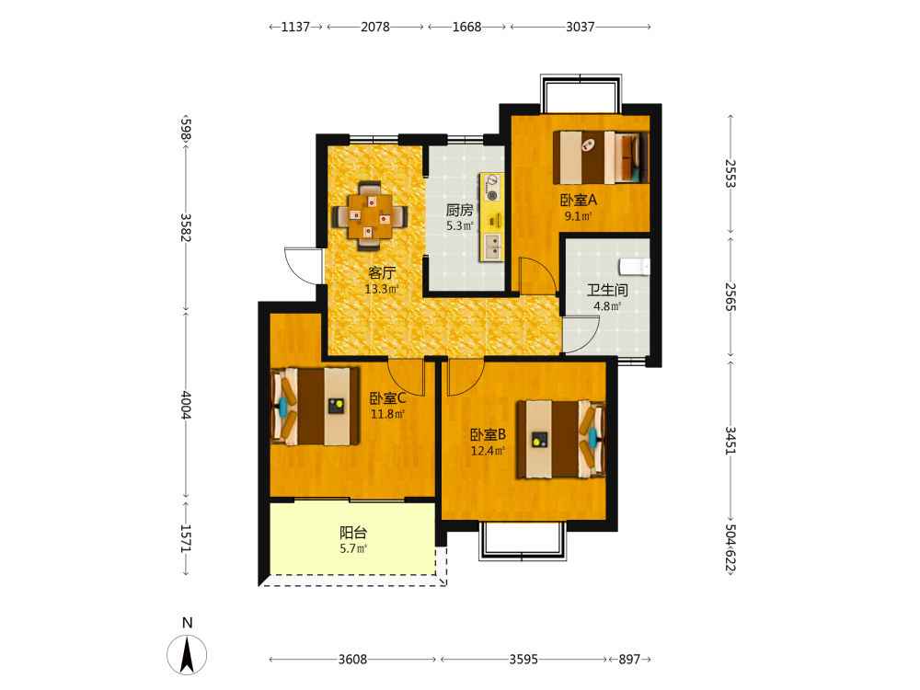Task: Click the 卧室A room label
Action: click(579, 200)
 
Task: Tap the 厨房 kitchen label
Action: click(459, 210)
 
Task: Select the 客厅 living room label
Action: click(382, 273)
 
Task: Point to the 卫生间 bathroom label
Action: click(607, 290)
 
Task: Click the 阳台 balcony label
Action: click(353, 533)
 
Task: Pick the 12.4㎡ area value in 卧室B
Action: click(488, 451)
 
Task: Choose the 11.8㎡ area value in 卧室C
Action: click(387, 414)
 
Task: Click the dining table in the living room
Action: click(370, 216)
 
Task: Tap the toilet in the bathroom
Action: click(635, 267)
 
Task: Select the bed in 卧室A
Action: click(600, 156)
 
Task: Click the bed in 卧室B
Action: click(561, 439)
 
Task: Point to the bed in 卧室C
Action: click(315, 406)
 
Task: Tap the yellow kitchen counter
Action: click(491, 217)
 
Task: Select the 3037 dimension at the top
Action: click(581, 27)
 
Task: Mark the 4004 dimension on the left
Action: click(186, 406)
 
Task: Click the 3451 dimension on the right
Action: click(730, 440)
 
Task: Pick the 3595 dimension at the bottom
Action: click(523, 660)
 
